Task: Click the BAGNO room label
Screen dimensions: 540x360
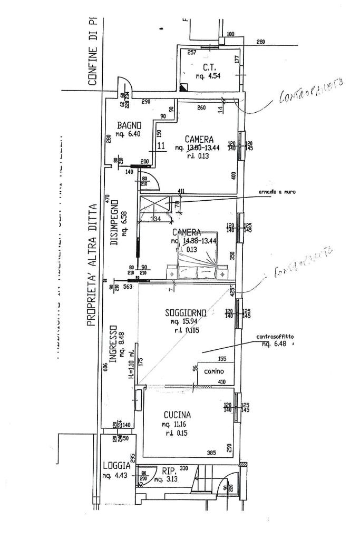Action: tap(129, 125)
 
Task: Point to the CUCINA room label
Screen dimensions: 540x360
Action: tap(177, 415)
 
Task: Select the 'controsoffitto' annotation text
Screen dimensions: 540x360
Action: tap(275, 337)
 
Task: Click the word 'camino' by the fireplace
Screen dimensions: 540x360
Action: tap(213, 371)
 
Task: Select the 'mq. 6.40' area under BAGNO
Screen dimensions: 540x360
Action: tap(129, 134)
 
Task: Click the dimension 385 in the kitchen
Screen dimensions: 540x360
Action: tap(211, 453)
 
